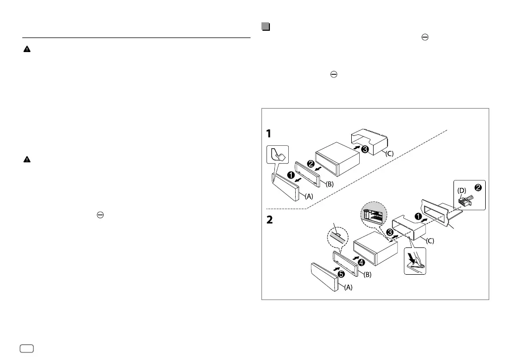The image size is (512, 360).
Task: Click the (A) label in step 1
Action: pos(309,196)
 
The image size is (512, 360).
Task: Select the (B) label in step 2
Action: pos(367,274)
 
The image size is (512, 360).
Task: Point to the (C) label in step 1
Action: pos(389,153)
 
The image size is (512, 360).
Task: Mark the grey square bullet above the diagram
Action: pos(265,27)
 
